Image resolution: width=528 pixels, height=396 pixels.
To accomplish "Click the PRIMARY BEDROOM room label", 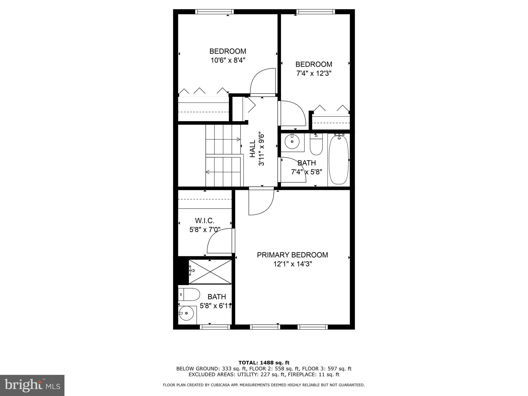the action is pyautogui.click(x=292, y=255).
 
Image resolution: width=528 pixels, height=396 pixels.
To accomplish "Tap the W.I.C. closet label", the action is pyautogui.click(x=205, y=221).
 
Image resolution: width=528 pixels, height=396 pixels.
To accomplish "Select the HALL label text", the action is pyautogui.click(x=252, y=148).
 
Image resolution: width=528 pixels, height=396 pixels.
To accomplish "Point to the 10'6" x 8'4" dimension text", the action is pyautogui.click(x=228, y=60).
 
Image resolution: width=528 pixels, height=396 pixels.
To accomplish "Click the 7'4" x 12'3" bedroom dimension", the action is pyautogui.click(x=314, y=73).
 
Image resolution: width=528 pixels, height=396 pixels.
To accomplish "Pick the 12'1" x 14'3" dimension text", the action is pyautogui.click(x=293, y=264).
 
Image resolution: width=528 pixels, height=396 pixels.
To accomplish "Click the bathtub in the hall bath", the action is pyautogui.click(x=339, y=160).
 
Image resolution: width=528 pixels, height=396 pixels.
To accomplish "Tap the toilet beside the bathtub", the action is pyautogui.click(x=316, y=144).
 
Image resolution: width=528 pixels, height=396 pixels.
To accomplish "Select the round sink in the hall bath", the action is pyautogui.click(x=292, y=142).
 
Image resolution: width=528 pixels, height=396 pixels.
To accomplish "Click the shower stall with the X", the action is pyautogui.click(x=210, y=272).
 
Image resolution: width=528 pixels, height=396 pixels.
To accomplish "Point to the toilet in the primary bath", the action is pyautogui.click(x=189, y=294).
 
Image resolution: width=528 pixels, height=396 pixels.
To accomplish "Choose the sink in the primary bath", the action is pyautogui.click(x=186, y=313).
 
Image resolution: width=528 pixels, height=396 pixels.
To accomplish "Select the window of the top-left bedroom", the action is pyautogui.click(x=214, y=12).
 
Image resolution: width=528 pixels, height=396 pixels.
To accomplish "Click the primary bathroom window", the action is pyautogui.click(x=215, y=327).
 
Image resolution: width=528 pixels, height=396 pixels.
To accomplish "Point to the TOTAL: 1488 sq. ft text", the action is pyautogui.click(x=264, y=363).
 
